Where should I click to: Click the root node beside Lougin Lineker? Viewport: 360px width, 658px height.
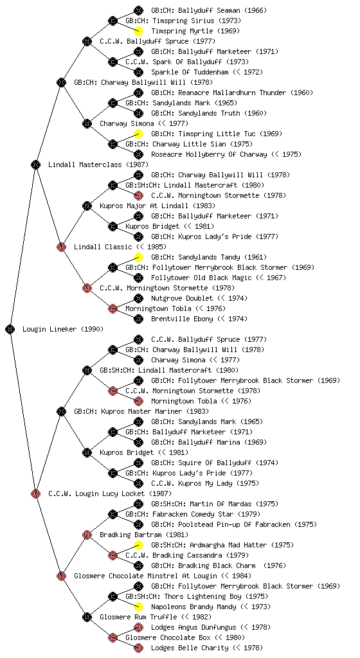coord(10,329)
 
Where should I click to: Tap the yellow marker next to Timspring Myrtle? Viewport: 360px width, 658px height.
coord(138,31)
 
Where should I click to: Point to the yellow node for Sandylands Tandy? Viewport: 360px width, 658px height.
coord(138,257)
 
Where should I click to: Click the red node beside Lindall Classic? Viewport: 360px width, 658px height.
coord(61,247)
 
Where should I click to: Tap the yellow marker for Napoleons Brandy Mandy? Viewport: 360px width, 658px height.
coord(138,607)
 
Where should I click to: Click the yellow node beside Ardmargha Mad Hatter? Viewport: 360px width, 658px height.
coord(138,545)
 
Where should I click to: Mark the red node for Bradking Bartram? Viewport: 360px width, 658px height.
coord(87,535)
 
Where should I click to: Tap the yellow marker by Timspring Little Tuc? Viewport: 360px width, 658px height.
coord(138,134)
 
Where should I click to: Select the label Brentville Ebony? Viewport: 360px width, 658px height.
coord(183,319)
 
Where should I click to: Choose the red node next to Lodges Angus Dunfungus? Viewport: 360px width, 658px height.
coord(138,627)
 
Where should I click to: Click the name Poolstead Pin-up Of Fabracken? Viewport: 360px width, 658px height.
coord(234,524)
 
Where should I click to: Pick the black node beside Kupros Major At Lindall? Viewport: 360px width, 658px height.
coord(87,206)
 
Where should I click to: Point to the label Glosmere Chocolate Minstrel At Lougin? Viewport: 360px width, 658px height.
coord(145,576)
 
